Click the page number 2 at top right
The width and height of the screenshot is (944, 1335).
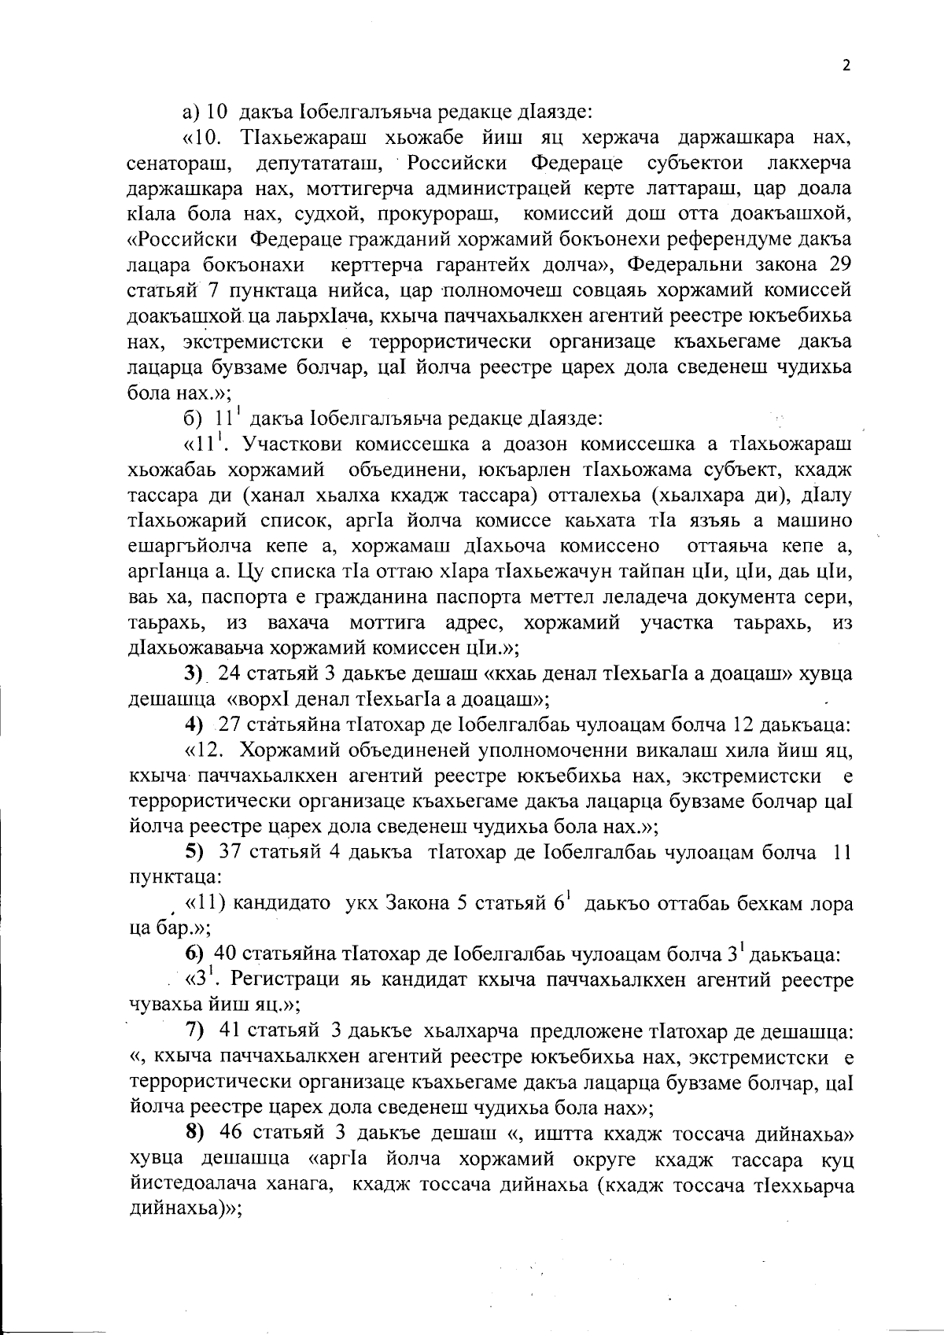tap(846, 66)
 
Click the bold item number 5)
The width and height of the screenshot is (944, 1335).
tap(194, 852)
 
